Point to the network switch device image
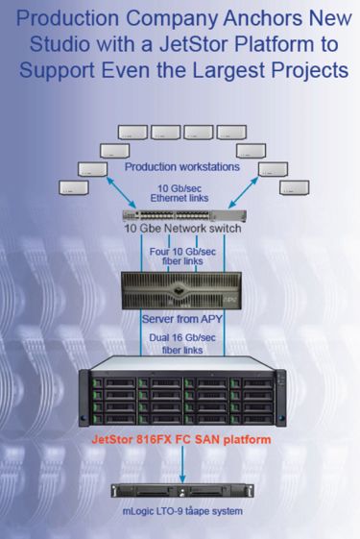(180, 217)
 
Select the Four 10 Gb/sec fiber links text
(180, 257)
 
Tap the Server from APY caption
(180, 318)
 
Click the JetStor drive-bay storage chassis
(180, 395)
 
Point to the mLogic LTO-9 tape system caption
(180, 512)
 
